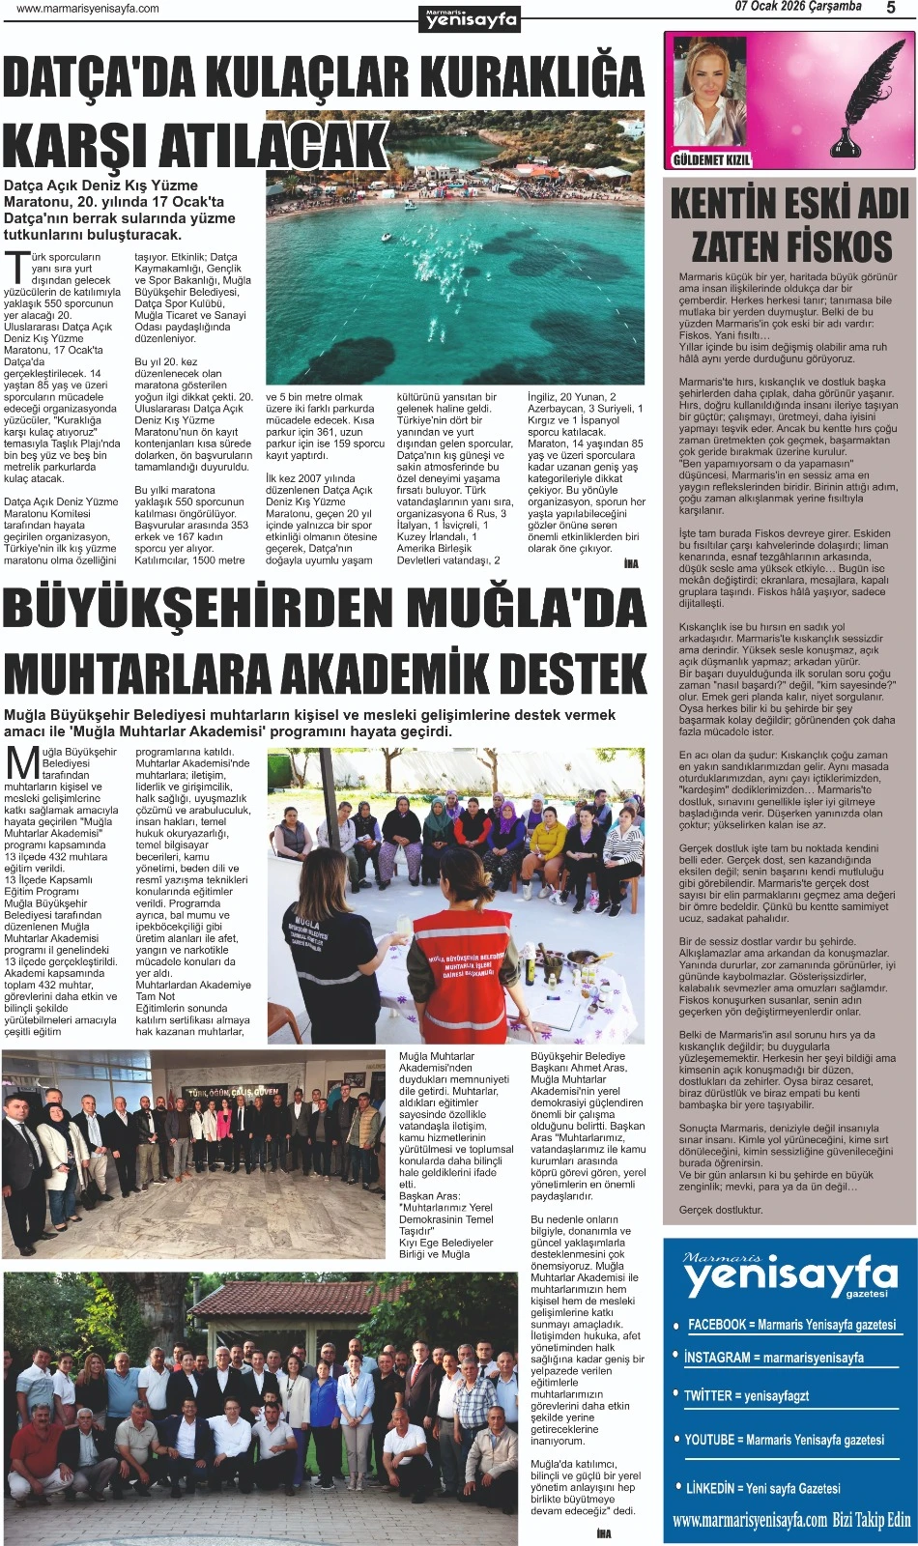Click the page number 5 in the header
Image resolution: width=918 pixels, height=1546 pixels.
tap(890, 8)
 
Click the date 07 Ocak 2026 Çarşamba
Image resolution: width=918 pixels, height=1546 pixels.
tap(797, 7)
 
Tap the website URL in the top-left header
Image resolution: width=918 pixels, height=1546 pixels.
tap(88, 9)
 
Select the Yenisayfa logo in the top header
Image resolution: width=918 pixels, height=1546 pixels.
tap(472, 18)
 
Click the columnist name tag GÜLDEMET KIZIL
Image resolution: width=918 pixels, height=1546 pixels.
tap(710, 159)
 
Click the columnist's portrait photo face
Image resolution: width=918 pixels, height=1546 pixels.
tap(710, 87)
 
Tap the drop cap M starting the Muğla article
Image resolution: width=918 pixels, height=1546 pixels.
tap(21, 762)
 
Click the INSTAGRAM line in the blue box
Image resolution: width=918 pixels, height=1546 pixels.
tap(772, 1358)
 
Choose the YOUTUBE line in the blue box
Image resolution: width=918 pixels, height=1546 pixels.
tap(783, 1440)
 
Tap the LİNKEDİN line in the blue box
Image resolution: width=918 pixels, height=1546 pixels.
tap(762, 1488)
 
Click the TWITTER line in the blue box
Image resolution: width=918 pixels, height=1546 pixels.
tap(746, 1396)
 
